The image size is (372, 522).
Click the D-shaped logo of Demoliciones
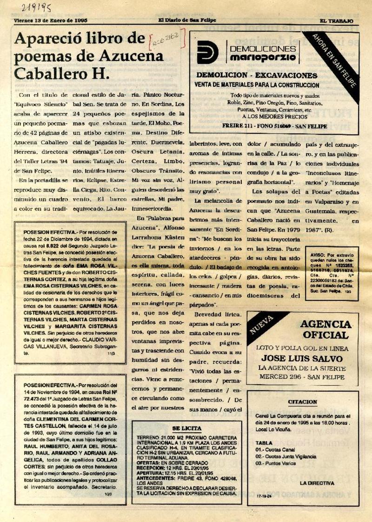pyautogui.click(x=207, y=52)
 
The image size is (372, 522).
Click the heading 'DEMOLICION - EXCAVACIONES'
pyautogui.click(x=257, y=75)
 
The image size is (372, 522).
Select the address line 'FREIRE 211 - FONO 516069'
pyautogui.click(x=275, y=126)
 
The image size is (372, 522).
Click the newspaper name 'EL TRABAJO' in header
pyautogui.click(x=336, y=21)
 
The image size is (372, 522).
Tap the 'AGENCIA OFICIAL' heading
pyautogui.click(x=325, y=329)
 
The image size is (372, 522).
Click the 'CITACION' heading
pyautogui.click(x=302, y=402)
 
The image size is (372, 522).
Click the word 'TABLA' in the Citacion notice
pyautogui.click(x=264, y=442)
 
